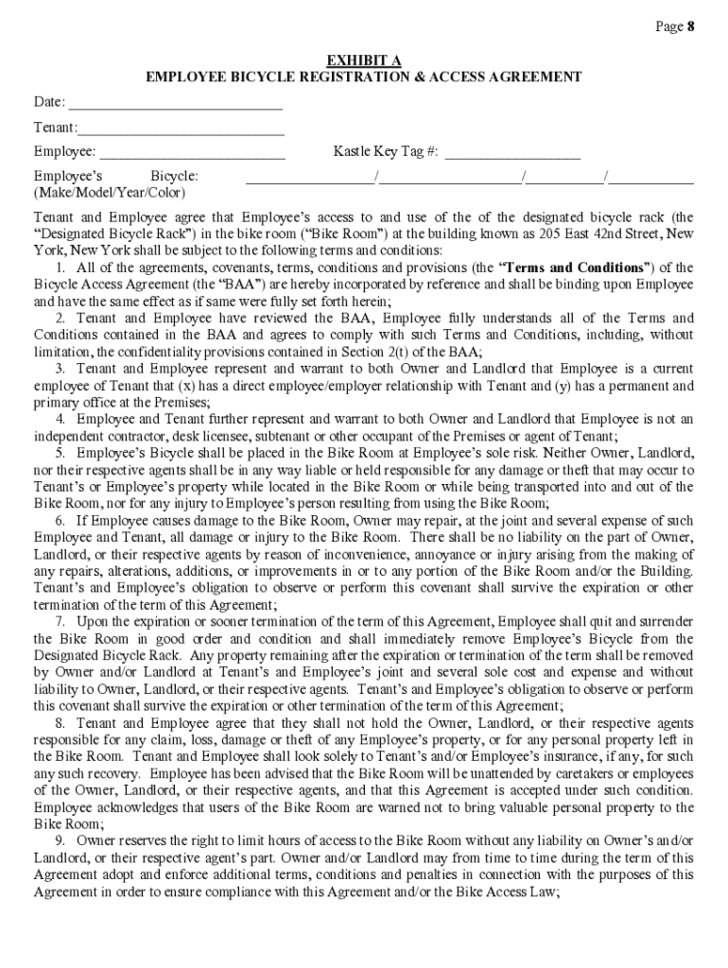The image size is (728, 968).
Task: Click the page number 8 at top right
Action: click(x=691, y=26)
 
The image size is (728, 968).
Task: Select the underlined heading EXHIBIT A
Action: click(x=363, y=60)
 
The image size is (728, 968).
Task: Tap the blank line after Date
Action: click(x=176, y=103)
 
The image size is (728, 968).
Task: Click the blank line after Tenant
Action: click(x=180, y=128)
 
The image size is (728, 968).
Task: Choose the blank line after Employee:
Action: click(x=192, y=152)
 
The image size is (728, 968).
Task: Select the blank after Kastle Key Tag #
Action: click(x=512, y=152)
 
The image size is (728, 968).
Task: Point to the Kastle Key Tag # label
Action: click(x=386, y=151)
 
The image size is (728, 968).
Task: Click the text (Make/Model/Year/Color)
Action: click(x=110, y=192)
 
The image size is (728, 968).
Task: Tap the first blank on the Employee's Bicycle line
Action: click(x=309, y=177)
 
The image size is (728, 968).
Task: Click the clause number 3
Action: click(x=61, y=369)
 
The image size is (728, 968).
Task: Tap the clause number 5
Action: click(x=61, y=453)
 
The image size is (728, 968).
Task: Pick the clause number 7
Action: click(x=61, y=621)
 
